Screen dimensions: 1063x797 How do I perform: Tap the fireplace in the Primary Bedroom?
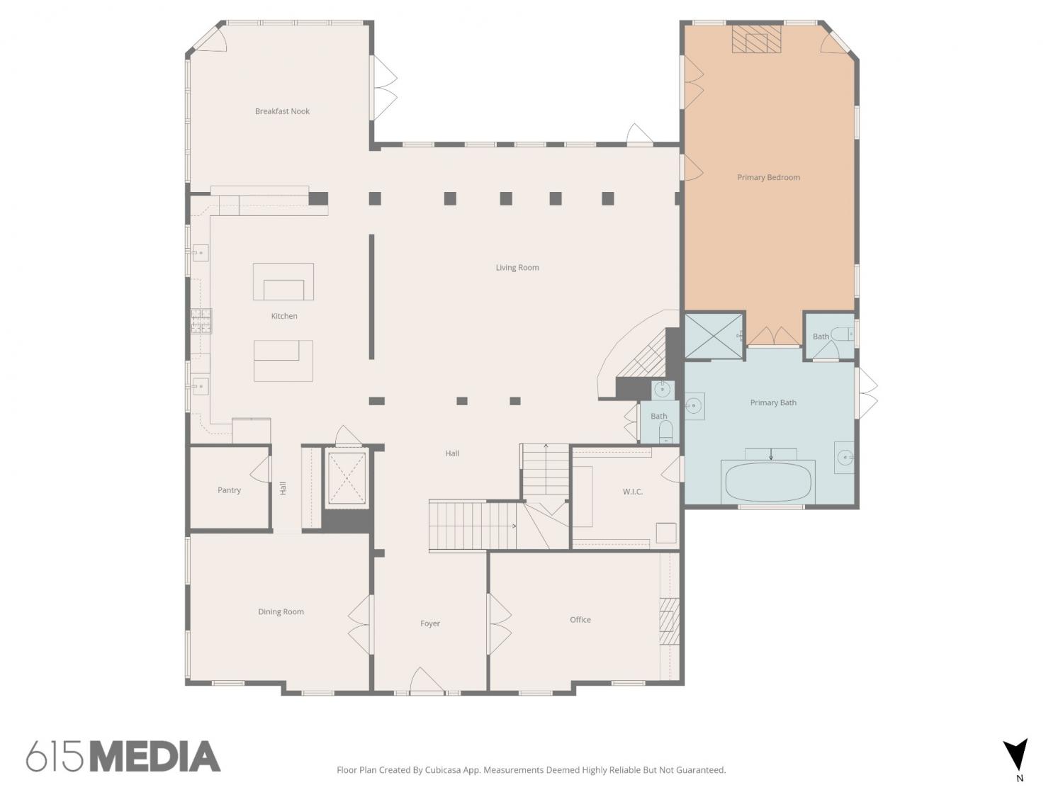(756, 39)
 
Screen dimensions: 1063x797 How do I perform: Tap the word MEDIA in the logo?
(156, 757)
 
